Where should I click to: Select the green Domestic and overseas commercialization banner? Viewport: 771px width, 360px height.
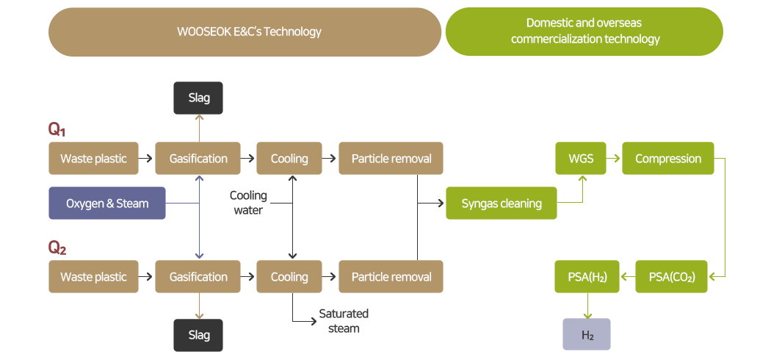[584, 32]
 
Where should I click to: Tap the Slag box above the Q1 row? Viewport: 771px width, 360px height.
[198, 98]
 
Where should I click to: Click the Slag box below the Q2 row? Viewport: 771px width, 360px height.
[198, 335]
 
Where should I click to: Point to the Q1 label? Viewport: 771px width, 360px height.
[57, 130]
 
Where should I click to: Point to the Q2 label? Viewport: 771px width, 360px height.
[57, 248]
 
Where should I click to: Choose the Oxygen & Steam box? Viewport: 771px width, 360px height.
[107, 204]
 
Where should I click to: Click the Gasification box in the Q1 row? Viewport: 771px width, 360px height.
[198, 159]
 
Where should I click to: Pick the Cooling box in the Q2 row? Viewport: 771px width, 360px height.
[289, 277]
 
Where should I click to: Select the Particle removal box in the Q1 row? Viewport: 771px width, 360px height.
[391, 159]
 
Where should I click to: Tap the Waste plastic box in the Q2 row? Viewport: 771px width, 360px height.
[93, 277]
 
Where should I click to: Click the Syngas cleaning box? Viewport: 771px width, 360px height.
[502, 204]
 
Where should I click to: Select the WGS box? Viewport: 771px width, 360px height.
[581, 159]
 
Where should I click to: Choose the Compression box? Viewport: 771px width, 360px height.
[667, 159]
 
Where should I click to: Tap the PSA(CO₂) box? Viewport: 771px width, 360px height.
[671, 277]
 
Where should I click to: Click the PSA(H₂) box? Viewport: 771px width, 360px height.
[587, 277]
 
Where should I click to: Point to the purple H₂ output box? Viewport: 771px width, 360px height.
[587, 335]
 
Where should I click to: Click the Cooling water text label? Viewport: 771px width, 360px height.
[248, 203]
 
